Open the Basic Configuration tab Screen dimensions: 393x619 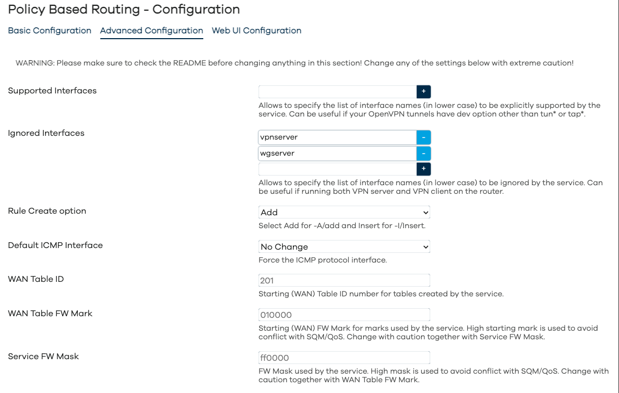tap(49, 31)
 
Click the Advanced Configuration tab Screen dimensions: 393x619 tap(151, 31)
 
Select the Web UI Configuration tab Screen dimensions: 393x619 tap(256, 31)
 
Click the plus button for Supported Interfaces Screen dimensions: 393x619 tap(424, 92)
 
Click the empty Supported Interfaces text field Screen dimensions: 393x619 tap(337, 92)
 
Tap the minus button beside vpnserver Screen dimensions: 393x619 tap(424, 137)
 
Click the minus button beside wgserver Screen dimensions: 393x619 tap(424, 154)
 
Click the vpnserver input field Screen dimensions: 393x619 tap(337, 137)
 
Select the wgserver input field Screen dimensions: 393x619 tap(337, 154)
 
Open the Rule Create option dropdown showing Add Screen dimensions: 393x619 tap(344, 213)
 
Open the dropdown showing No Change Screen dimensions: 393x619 tap(344, 247)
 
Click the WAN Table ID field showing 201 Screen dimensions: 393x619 tap(344, 280)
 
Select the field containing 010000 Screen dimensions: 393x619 tap(344, 315)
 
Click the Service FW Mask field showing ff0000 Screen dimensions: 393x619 tap(344, 358)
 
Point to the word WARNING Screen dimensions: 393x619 tap(34, 63)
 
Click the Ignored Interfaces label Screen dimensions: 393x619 tap(46, 133)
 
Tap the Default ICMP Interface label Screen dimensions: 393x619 tap(55, 245)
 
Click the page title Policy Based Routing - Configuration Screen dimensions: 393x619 tap(124, 9)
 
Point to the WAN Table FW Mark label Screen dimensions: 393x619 tap(50, 314)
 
